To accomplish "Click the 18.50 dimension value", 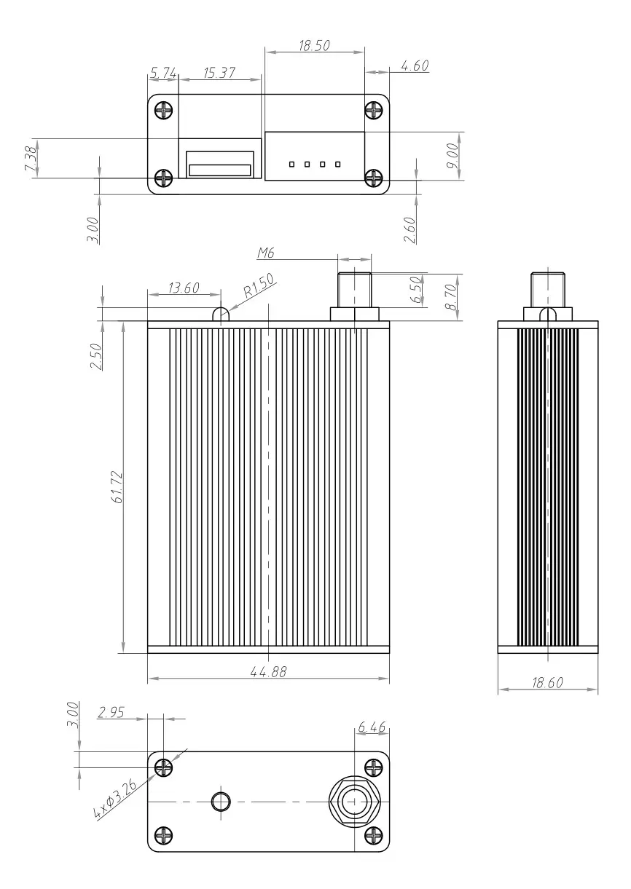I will click(314, 45).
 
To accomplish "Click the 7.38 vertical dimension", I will click(30, 158).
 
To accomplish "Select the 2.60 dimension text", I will click(409, 231).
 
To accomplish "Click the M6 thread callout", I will click(265, 253).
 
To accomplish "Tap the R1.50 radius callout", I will click(260, 288).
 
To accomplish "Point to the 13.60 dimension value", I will click(184, 288).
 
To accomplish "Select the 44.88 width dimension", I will click(267, 672).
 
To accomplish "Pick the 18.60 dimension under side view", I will click(547, 684).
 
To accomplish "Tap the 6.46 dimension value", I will click(372, 727).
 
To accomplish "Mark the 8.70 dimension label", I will click(452, 298).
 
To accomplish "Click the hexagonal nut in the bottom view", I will click(353, 802).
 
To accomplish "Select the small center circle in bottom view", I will click(220, 802).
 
